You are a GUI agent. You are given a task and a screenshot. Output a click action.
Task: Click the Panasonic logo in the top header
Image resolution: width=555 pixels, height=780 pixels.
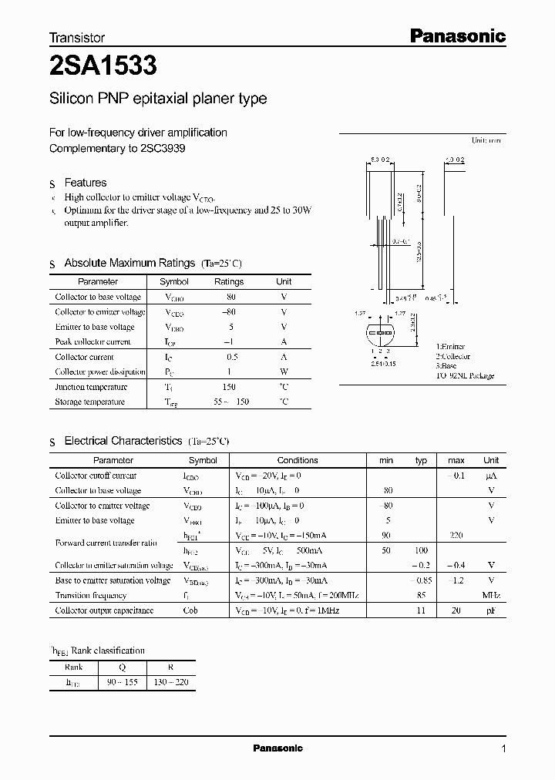[456, 35]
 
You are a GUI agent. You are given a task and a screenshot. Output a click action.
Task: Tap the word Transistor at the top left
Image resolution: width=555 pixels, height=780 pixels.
[77, 37]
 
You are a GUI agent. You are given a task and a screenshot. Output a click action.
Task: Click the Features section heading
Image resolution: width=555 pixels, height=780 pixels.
[86, 183]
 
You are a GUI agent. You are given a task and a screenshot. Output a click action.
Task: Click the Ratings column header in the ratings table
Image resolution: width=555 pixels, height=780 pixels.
[228, 282]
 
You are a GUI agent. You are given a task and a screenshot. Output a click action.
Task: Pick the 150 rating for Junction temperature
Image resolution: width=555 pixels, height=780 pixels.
[229, 387]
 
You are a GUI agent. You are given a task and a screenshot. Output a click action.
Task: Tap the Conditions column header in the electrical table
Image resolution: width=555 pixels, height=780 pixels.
[298, 460]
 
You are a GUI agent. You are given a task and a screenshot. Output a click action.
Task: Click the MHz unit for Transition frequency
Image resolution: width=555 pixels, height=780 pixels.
[491, 595]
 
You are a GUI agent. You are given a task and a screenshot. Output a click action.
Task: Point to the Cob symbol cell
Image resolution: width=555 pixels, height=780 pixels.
[190, 610]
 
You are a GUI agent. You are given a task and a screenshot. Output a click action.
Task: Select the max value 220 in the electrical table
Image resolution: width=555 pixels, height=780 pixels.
[456, 535]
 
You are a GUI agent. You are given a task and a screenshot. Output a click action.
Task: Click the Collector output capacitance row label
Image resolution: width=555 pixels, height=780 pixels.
[104, 610]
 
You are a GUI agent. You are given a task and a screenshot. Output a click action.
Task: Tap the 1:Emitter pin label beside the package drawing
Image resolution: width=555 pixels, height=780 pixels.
[451, 347]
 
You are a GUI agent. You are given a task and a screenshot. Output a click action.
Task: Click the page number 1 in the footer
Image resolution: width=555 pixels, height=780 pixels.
[503, 748]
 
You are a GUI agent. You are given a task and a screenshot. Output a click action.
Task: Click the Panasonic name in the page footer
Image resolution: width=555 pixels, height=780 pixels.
[278, 748]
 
